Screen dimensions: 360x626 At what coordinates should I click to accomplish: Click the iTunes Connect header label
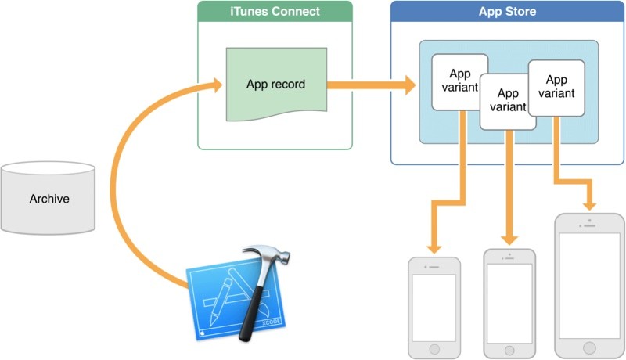pos(275,12)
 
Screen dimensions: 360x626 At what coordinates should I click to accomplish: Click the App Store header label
pos(507,12)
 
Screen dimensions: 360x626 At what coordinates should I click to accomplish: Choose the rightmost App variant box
pos(556,87)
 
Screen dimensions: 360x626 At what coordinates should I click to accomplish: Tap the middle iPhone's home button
pos(509,346)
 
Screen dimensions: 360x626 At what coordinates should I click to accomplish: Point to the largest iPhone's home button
pos(588,346)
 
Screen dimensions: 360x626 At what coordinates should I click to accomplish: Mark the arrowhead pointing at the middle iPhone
pos(510,238)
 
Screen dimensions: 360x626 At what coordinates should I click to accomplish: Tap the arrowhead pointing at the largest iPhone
pos(590,202)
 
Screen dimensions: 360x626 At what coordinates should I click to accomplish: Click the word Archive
pos(49,199)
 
